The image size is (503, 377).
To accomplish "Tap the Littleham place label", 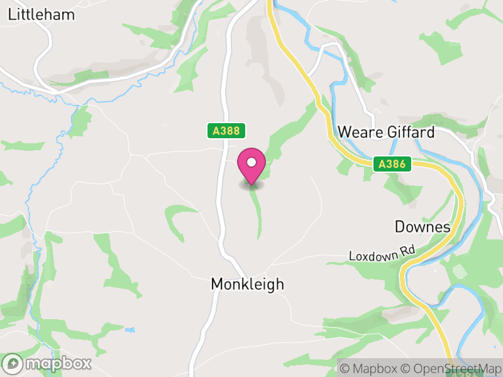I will [41, 14].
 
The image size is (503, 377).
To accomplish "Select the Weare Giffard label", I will [386, 132].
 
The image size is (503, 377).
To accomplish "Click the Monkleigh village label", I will [247, 284].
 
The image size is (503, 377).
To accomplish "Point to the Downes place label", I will [423, 226].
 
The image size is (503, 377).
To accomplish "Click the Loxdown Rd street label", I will [382, 254].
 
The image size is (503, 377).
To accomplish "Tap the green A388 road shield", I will [226, 131].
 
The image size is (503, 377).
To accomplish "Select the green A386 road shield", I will [394, 165].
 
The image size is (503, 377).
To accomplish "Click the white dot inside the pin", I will [251, 162].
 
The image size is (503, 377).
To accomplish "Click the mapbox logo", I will [48, 363].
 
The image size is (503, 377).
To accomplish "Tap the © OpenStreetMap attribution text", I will [451, 368].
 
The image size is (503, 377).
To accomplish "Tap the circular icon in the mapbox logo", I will [13, 363].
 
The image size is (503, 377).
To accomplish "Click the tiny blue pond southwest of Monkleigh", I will [130, 329].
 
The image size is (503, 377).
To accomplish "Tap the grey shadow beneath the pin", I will [251, 185].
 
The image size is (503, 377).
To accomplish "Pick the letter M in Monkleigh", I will [216, 284].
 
